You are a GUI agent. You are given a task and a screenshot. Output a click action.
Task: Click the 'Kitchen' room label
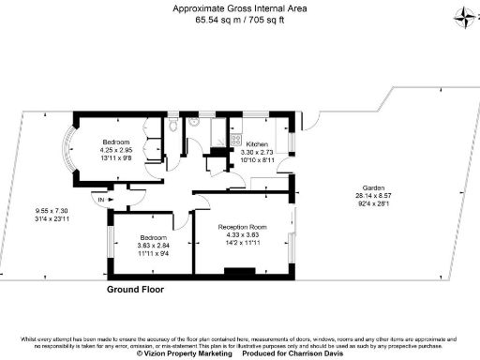pyautogui.click(x=257, y=144)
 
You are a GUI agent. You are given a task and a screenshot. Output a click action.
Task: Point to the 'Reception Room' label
pyautogui.click(x=243, y=227)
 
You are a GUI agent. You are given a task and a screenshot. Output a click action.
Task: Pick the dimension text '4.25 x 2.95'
pyautogui.click(x=118, y=149)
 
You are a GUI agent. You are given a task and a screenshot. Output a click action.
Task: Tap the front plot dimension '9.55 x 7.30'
pyautogui.click(x=52, y=211)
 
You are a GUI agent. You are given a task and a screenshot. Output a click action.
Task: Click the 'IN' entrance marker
pyautogui.click(x=100, y=200)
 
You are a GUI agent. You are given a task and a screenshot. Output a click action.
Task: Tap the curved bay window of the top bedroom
pyautogui.click(x=68, y=149)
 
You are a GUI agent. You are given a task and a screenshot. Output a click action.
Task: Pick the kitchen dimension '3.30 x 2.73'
pyautogui.click(x=257, y=152)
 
